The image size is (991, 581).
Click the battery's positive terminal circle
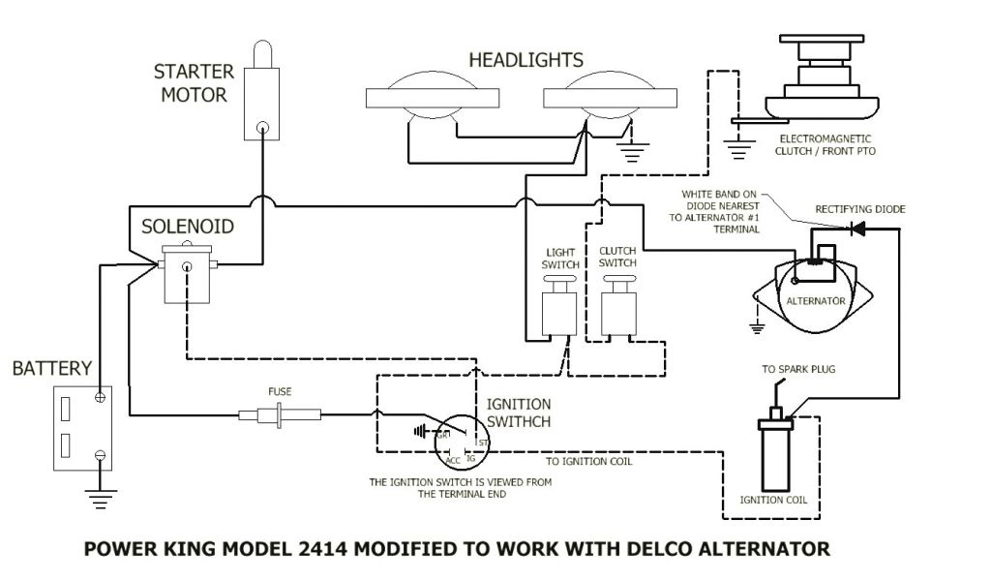pyautogui.click(x=100, y=396)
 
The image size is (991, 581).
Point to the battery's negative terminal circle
pyautogui.click(x=100, y=454)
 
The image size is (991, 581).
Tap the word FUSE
pyautogui.click(x=280, y=391)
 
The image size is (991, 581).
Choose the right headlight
pyautogui.click(x=609, y=100)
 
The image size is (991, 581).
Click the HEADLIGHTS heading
pyautogui.click(x=526, y=60)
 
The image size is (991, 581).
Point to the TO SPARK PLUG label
pyautogui.click(x=799, y=370)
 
